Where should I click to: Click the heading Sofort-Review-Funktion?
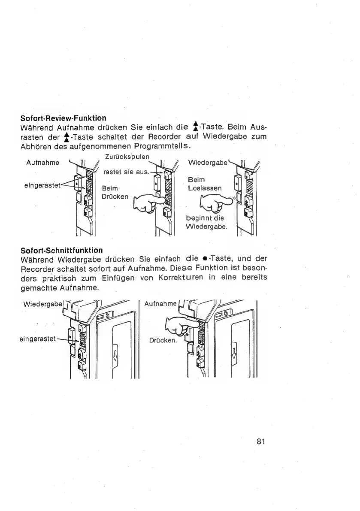click(64, 118)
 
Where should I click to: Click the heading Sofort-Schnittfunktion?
click(62, 250)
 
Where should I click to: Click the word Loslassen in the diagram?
click(205, 188)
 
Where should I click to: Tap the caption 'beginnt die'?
click(202, 218)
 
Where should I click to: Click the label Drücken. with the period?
click(162, 340)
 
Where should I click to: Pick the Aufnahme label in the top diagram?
click(42, 163)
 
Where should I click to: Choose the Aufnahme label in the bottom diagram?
click(159, 304)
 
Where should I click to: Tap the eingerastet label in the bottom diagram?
click(38, 338)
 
